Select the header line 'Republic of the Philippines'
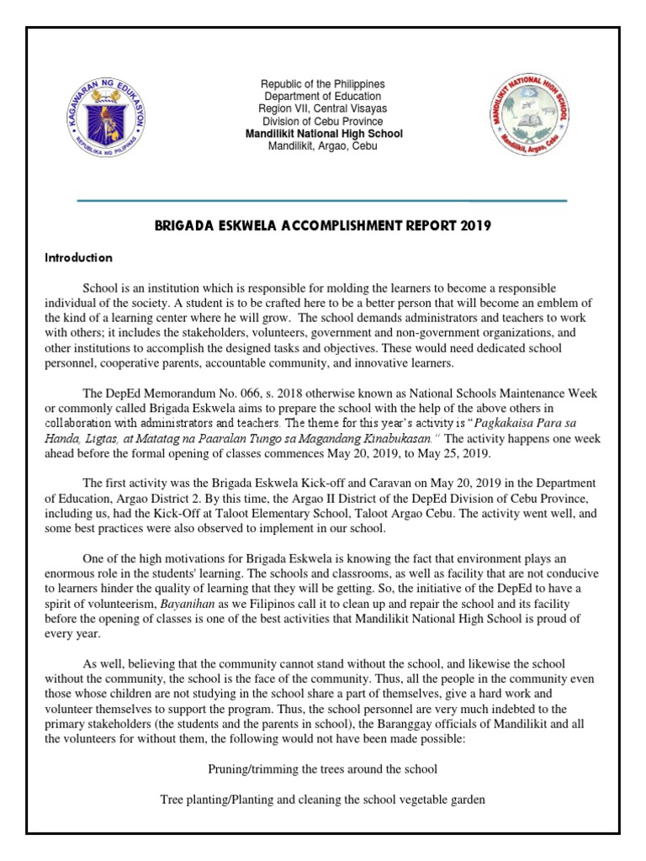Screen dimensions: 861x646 [x=322, y=84]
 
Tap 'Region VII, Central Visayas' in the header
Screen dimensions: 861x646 [x=322, y=109]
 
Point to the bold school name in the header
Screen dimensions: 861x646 [x=322, y=134]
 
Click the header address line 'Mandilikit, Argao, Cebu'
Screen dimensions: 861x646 [x=322, y=146]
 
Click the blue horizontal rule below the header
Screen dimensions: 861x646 [x=322, y=201]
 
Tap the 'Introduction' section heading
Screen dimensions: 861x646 [x=78, y=257]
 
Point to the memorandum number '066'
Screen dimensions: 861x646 [x=253, y=393]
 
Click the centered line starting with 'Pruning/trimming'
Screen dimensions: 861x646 [x=322, y=769]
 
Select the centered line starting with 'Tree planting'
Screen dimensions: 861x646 [x=322, y=800]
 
